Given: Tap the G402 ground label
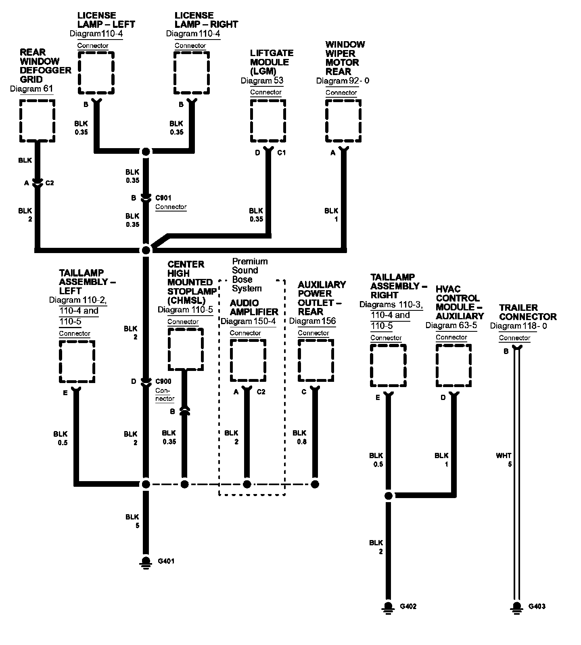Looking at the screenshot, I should pos(408,606).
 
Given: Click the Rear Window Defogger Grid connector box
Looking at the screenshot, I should pos(37,121).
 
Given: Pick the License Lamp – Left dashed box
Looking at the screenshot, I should pos(96,73).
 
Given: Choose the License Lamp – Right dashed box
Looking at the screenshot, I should pos(192,73).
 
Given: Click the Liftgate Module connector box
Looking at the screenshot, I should pos(268,121).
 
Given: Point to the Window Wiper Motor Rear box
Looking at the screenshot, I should pos(343,121).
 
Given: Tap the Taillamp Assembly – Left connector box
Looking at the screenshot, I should pos(77,361).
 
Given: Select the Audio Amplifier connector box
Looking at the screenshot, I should pos(248,360).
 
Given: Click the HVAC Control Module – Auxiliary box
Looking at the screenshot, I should pos(454,366).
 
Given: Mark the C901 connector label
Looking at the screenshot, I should pos(163,198).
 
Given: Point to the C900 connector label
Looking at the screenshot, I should pos(163,381).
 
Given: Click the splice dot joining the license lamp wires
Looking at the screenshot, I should pos(146,152).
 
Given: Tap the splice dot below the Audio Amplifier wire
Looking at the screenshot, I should pos(247,484).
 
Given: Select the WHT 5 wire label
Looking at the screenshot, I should pos(504,460).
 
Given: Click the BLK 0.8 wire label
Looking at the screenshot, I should pos(300,437).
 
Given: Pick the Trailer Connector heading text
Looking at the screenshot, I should pos(527,312).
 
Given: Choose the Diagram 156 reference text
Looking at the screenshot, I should pos(313,321).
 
